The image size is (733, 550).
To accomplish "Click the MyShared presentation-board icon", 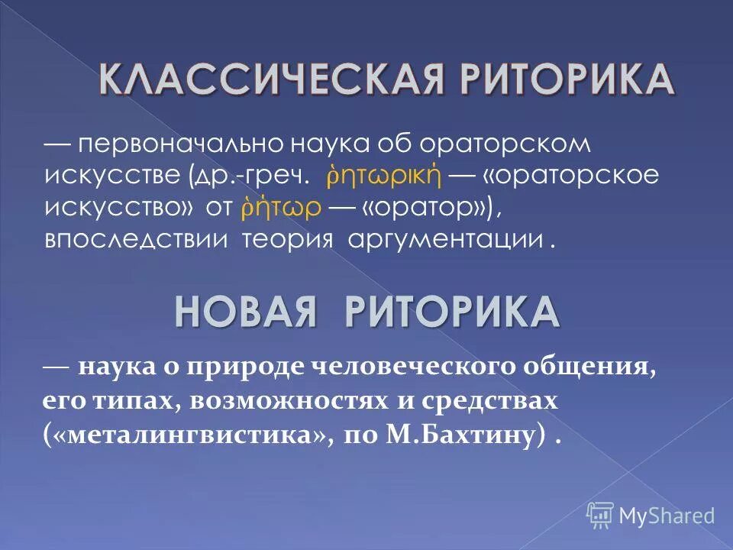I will click(600, 513).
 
